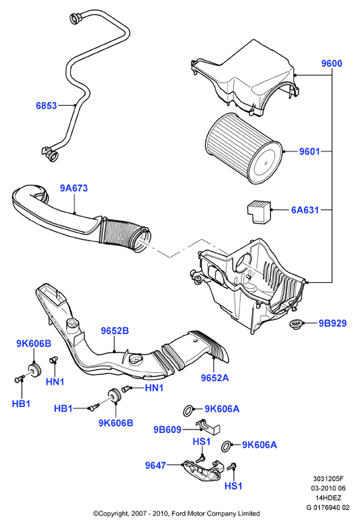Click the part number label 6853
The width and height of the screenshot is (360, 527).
coord(46,106)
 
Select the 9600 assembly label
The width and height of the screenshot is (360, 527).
coord(331,63)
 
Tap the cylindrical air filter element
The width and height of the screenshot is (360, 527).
coord(244,149)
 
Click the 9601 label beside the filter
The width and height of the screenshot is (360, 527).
coord(310,151)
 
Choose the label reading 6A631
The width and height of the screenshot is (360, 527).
coord(305,210)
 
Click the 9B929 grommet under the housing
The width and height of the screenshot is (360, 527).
coord(296,325)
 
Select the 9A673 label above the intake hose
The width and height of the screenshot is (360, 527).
coord(74,188)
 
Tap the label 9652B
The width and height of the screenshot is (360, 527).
coord(115,331)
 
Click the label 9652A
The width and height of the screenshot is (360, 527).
coord(215,378)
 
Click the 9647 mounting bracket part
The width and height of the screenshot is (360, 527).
coord(203,469)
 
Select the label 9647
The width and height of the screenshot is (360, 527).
coord(155,466)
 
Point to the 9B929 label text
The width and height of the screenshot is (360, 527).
coord(333,323)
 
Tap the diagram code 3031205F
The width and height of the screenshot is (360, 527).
coord(327,479)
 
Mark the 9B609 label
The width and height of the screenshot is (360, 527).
coord(168,430)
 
